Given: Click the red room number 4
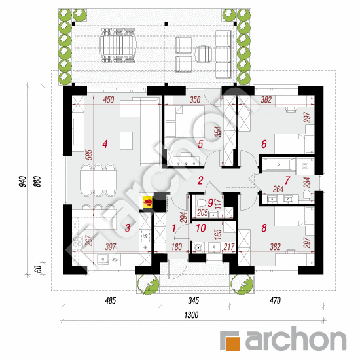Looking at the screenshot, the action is point(105,144).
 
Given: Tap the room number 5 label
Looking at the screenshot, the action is point(200,144).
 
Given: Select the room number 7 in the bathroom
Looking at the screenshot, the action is point(287,181).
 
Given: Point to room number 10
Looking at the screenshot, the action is point(201,228).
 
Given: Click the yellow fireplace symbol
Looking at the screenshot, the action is point(147,202).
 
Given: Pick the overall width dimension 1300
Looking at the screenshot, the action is point(191,315).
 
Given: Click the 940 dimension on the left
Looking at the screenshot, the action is point(23,181).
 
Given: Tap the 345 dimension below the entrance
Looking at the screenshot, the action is point(193,300).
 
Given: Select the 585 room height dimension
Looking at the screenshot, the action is point(89,154).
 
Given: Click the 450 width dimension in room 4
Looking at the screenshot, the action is point(109,99).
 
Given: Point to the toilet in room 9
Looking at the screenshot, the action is point(200,203).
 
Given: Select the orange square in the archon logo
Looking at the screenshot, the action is point(232,344).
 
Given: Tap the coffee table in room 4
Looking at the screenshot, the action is point(126,141).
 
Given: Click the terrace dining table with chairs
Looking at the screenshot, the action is point(118,45).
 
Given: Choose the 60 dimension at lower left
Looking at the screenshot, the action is point(39,269).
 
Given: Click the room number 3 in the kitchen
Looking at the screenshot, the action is point(128,228).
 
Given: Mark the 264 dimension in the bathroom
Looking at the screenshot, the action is point(278,189).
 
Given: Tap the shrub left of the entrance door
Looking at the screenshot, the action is point(148,284).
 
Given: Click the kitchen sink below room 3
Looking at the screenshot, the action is point(103,259).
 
